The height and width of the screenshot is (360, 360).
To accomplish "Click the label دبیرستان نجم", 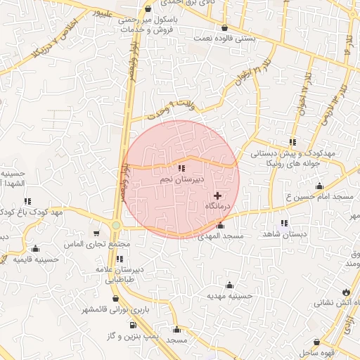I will [181, 180].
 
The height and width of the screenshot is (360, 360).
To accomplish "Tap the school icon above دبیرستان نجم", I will [181, 168].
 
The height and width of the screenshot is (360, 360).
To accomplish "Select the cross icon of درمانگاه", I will [217, 195].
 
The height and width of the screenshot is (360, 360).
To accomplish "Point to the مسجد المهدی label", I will [221, 236].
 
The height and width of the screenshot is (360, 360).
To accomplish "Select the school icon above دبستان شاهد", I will [283, 223].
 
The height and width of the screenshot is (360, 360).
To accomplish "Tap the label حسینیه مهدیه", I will [229, 297].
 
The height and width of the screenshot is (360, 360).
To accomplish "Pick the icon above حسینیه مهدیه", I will [229, 285].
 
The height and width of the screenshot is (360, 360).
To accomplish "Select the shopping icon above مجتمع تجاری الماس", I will [97, 233].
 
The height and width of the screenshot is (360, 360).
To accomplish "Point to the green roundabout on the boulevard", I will [116, 225].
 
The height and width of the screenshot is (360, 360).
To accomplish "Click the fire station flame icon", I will [345, 292].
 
